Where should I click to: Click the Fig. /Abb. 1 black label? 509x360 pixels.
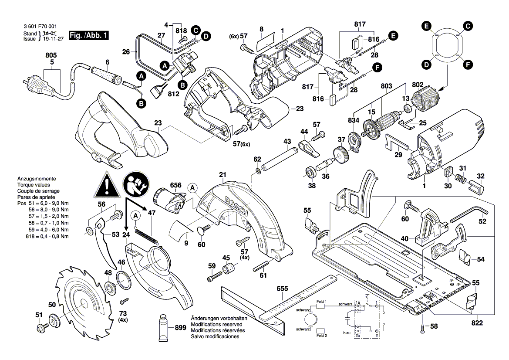click(x=89, y=35)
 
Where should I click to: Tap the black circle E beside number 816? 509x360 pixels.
click(x=393, y=36)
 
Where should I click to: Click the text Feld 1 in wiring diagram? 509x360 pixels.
click(x=321, y=302)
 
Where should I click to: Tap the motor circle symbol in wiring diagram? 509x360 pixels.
click(x=311, y=320)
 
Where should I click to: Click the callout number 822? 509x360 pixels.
click(x=477, y=323)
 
